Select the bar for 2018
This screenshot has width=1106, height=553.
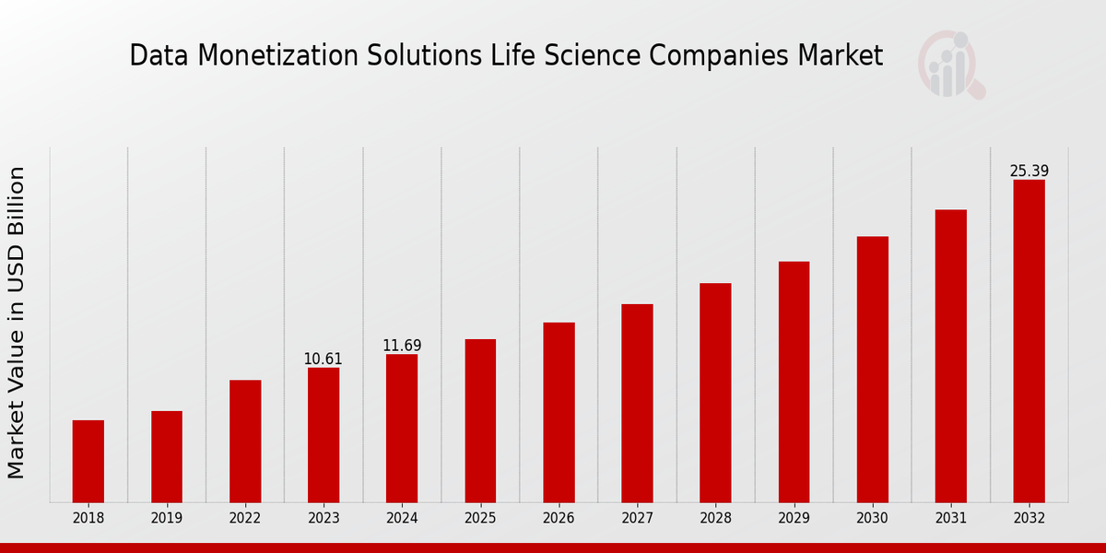[x=88, y=461]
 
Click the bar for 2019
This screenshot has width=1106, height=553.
[x=167, y=456]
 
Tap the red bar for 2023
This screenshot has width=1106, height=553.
[x=324, y=435]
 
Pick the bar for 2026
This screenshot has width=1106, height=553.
[x=559, y=412]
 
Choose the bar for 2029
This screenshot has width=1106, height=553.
[x=794, y=382]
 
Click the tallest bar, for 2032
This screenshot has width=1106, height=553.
[x=1029, y=341]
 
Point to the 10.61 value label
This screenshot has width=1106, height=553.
[x=324, y=359]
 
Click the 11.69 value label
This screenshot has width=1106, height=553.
[x=402, y=346]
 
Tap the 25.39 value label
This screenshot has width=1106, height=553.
[x=1029, y=171]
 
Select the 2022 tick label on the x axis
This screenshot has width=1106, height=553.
[x=245, y=519]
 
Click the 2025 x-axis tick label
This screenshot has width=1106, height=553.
[x=480, y=519]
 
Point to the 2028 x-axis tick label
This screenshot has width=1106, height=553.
[x=715, y=519]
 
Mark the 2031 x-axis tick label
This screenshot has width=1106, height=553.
[x=950, y=519]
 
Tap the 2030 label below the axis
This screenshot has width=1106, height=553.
[x=872, y=519]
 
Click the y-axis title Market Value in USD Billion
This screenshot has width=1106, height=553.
[x=17, y=323]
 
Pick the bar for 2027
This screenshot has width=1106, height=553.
[x=637, y=403]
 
